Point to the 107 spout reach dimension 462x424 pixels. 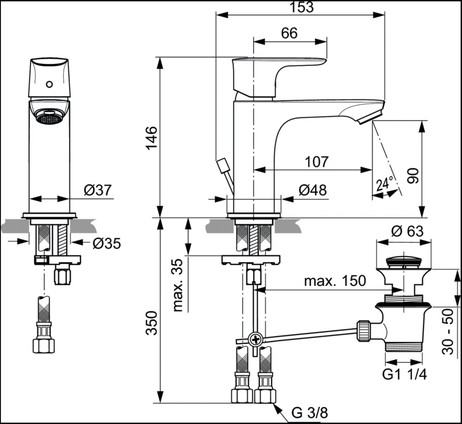pos(316,162)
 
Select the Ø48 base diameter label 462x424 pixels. pos(312,190)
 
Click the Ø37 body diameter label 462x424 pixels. pos(98,190)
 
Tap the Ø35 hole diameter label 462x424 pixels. pos(106,243)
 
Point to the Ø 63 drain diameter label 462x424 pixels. pos(407,231)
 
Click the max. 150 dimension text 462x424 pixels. pos(334,281)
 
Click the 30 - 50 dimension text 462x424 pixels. pos(447,331)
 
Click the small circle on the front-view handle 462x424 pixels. pos(49,85)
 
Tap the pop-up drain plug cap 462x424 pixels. pos(403,261)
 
